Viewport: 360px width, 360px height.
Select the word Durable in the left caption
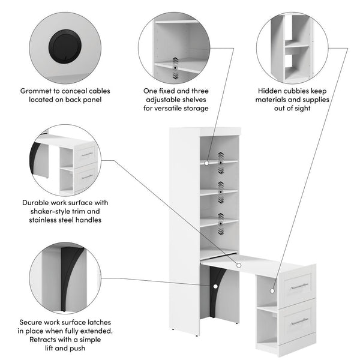37,203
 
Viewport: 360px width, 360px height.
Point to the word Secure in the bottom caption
34,322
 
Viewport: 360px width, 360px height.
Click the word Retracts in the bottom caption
40,340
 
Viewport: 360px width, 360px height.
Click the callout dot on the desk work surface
238,264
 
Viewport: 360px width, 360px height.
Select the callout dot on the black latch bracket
214,286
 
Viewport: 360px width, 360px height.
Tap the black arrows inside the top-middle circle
175,67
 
